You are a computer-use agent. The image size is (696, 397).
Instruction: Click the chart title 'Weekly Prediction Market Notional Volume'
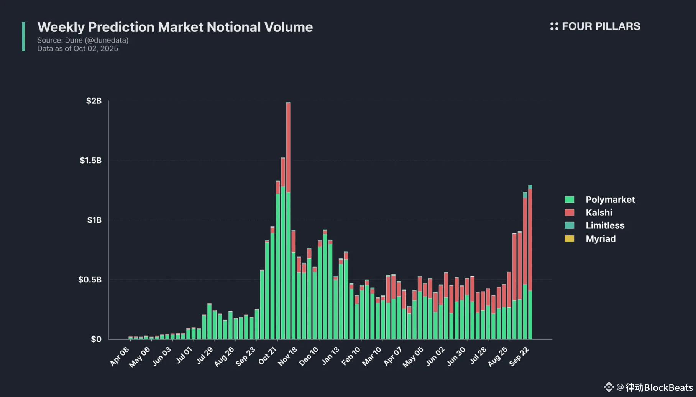coord(175,27)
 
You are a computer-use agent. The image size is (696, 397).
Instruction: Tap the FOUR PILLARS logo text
coord(601,26)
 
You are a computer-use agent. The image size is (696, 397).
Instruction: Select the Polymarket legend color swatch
coord(569,199)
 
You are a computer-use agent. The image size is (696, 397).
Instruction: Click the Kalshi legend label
coord(599,213)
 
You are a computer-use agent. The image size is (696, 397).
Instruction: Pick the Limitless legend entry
coord(605,226)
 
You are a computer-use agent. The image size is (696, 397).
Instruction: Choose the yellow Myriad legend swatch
coord(569,239)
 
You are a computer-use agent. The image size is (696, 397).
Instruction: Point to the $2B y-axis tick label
coord(94,101)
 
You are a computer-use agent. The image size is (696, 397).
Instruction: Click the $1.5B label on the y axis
coord(91,161)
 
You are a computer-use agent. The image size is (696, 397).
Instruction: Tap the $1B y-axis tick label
coord(94,220)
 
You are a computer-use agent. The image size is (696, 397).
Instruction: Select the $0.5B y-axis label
coord(90,280)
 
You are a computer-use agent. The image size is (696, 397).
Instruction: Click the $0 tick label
coord(96,339)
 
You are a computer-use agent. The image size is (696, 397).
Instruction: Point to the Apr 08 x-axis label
coord(120,356)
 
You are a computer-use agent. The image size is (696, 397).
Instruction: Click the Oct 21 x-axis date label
coord(267,356)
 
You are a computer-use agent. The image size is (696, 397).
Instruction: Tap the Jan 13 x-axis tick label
coord(330,356)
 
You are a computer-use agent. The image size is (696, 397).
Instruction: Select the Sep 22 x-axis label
coord(519,356)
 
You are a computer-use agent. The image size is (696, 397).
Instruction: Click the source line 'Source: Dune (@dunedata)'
coord(83,40)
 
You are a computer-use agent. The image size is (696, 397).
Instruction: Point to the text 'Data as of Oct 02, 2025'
coord(77,49)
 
